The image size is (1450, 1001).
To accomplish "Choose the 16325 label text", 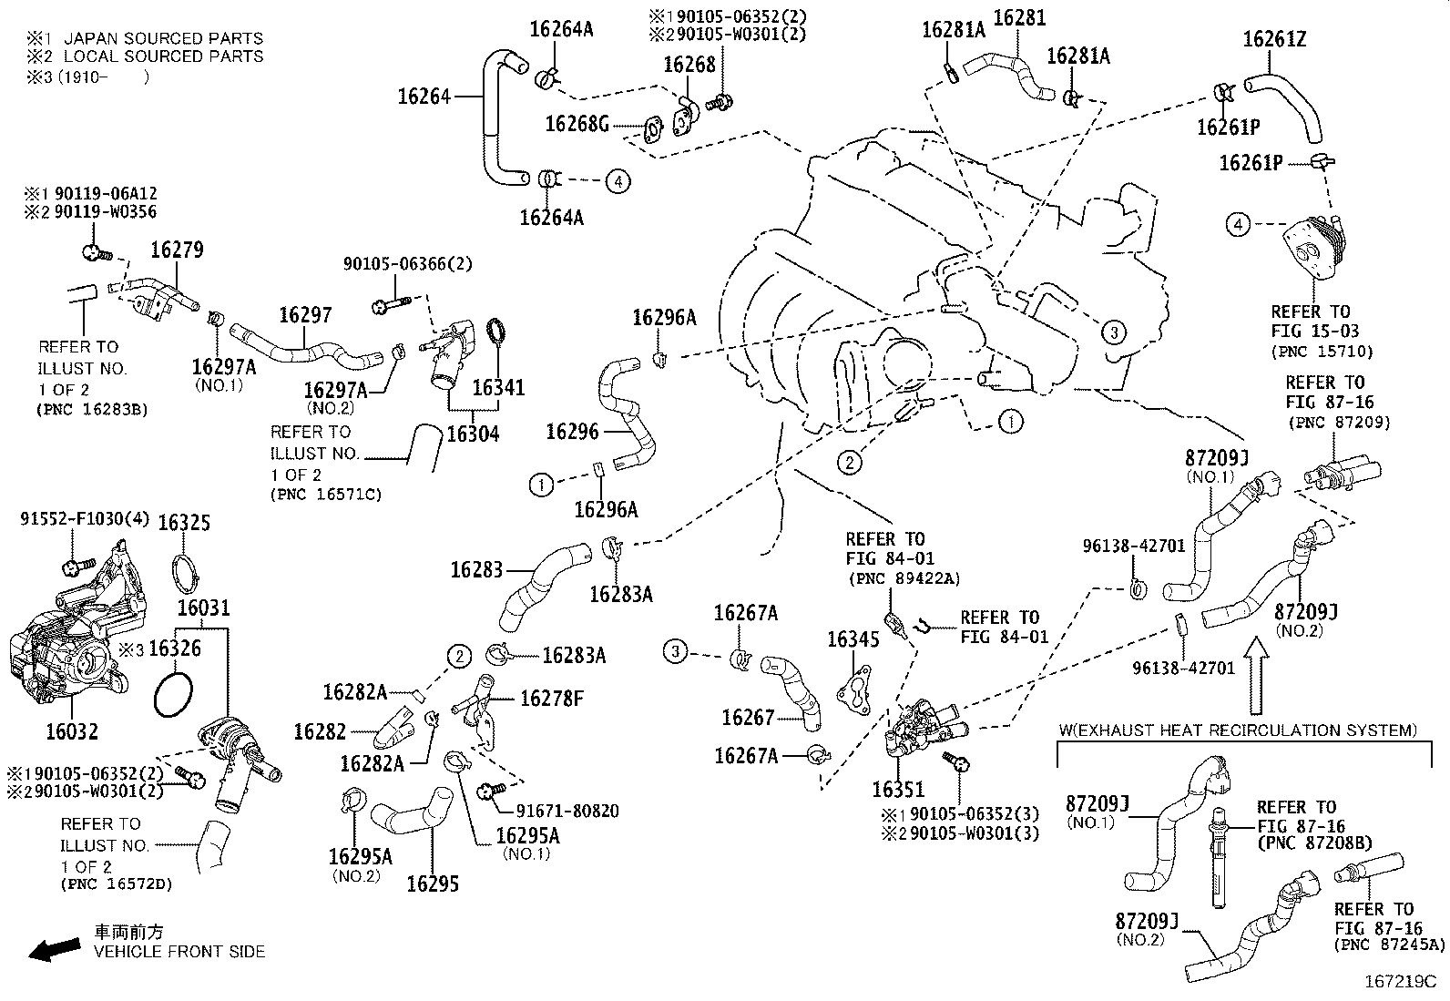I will click(x=184, y=522).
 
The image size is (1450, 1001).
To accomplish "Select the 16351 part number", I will click(x=897, y=790).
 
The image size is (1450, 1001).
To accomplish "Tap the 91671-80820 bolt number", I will click(x=567, y=811).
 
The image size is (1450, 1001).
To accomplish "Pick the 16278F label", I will click(x=551, y=699).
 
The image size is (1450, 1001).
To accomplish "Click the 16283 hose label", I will click(x=476, y=569).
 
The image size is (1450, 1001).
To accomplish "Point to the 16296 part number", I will click(x=572, y=431).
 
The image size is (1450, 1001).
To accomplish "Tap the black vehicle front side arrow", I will click(x=54, y=951).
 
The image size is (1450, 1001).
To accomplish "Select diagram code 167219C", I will click(x=1399, y=983).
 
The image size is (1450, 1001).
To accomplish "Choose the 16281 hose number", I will click(x=1019, y=17).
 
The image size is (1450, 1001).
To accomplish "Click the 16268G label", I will click(x=577, y=123).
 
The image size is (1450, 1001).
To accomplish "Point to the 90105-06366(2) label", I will click(x=407, y=263).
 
